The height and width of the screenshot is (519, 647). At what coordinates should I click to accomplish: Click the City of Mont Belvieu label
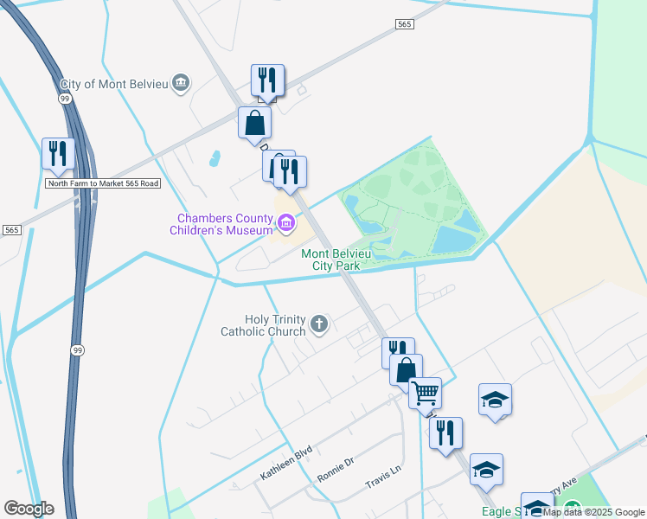tap(114, 85)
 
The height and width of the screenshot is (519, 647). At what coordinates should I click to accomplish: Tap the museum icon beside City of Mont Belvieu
tap(181, 84)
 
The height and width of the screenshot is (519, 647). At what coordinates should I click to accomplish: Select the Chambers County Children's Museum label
tap(222, 225)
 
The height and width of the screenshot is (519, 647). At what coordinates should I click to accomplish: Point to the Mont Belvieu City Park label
tap(330, 259)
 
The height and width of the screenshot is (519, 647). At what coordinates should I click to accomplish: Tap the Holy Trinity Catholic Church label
tap(263, 324)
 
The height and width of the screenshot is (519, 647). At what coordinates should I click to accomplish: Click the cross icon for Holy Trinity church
tap(319, 324)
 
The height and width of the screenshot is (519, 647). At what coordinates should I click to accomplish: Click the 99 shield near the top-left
tap(65, 99)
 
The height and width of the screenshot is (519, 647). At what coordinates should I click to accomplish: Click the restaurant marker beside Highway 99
tap(58, 153)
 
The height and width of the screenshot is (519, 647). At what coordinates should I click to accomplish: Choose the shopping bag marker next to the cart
tap(406, 369)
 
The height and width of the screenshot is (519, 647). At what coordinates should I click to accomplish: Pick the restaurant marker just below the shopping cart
tap(445, 432)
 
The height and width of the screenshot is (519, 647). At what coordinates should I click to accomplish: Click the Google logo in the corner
tap(29, 509)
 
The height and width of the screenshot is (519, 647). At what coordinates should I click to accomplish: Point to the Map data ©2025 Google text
tap(594, 512)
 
